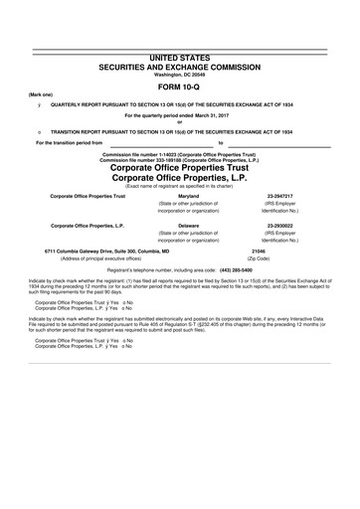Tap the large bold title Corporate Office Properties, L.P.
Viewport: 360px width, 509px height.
180,180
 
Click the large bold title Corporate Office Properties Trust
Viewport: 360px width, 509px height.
180,169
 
